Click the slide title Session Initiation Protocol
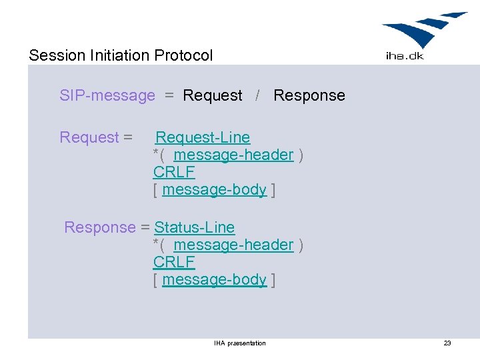click(121, 55)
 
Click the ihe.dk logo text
click(405, 56)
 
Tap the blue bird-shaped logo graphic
click(423, 30)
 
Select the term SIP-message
click(107, 95)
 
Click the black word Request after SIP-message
click(213, 95)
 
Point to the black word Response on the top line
click(309, 95)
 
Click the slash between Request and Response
click(258, 95)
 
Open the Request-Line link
click(203, 137)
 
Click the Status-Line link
click(195, 227)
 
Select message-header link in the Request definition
click(233, 155)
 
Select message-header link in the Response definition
click(233, 245)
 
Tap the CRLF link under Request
click(174, 172)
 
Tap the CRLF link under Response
click(174, 262)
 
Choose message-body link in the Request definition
click(214, 189)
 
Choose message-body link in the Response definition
click(214, 279)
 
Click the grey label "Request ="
click(96, 137)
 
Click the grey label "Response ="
click(107, 227)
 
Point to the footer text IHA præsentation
click(239, 343)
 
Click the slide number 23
click(447, 343)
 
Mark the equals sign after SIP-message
click(169, 96)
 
